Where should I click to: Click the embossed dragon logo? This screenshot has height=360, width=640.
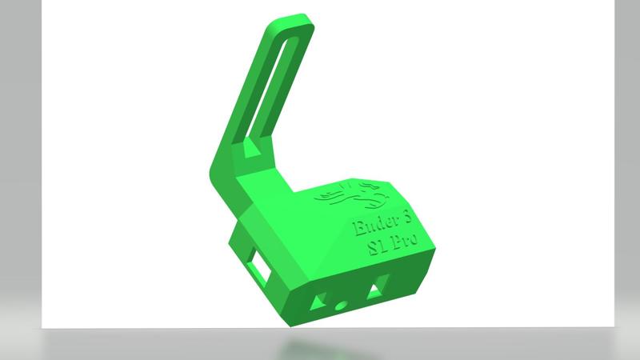352,194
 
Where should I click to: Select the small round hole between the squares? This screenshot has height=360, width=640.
342,305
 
